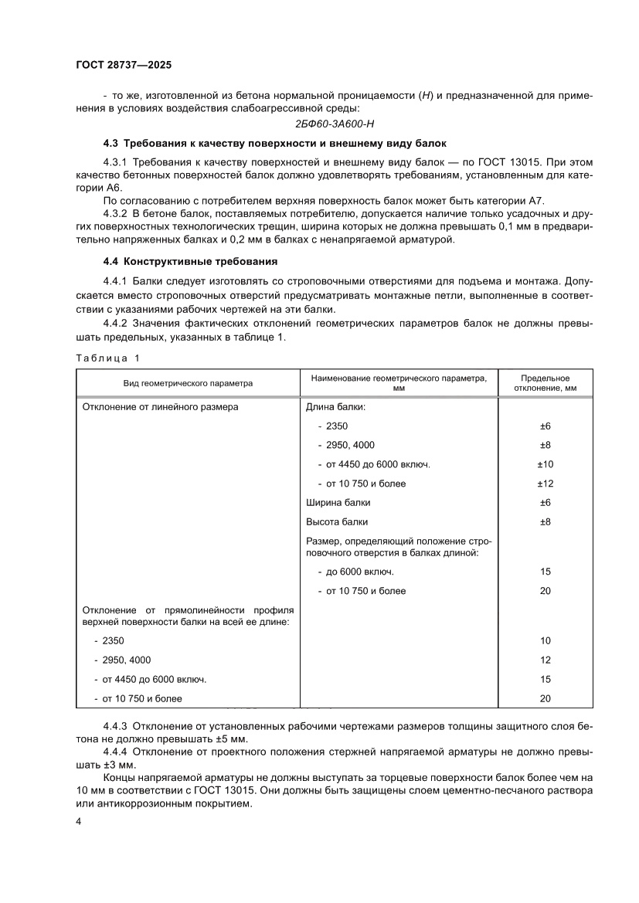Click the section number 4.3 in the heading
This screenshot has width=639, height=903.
click(x=111, y=144)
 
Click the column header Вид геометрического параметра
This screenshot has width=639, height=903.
click(x=188, y=383)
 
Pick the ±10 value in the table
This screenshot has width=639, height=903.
click(x=546, y=464)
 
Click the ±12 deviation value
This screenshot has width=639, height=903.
click(x=546, y=484)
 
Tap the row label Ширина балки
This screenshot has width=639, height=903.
click(x=333, y=503)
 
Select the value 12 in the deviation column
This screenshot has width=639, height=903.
click(x=546, y=660)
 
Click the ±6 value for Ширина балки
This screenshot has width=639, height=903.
click(x=546, y=503)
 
